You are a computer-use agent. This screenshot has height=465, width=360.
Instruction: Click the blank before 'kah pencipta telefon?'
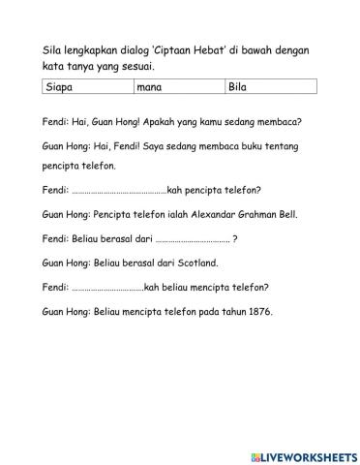(x=119, y=191)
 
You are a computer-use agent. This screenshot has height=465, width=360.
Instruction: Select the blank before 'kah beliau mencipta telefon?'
(x=107, y=287)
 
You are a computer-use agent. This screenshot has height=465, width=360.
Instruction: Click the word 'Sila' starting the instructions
(x=54, y=51)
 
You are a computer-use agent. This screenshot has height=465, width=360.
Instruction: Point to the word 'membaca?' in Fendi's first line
(x=276, y=123)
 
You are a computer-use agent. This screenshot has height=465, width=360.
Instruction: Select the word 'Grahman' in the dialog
(x=257, y=215)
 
